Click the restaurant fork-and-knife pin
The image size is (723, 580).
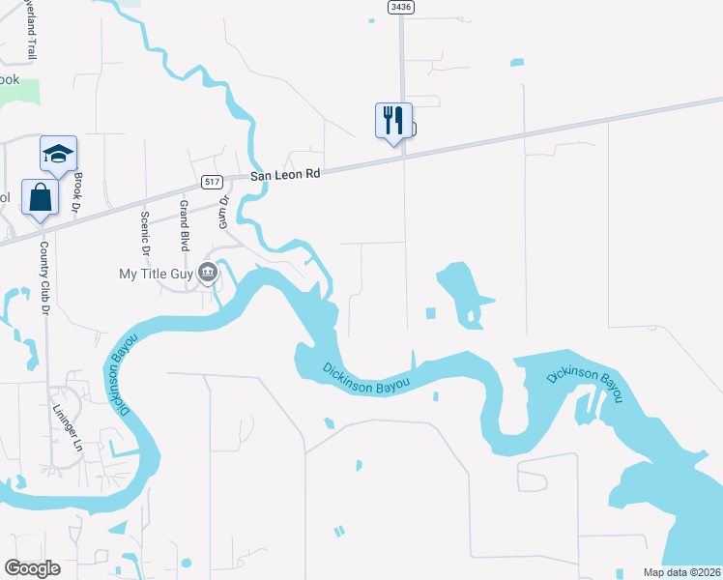393,121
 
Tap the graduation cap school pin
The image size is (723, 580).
58,155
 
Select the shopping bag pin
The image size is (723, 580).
40,197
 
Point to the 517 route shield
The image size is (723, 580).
214,182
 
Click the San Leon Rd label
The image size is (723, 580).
284,175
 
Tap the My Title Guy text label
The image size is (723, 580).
155,274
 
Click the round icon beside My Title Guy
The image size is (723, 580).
208,274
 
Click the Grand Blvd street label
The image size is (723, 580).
184,227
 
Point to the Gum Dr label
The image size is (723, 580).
224,212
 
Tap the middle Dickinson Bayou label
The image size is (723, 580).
366,377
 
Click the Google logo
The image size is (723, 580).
32,568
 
